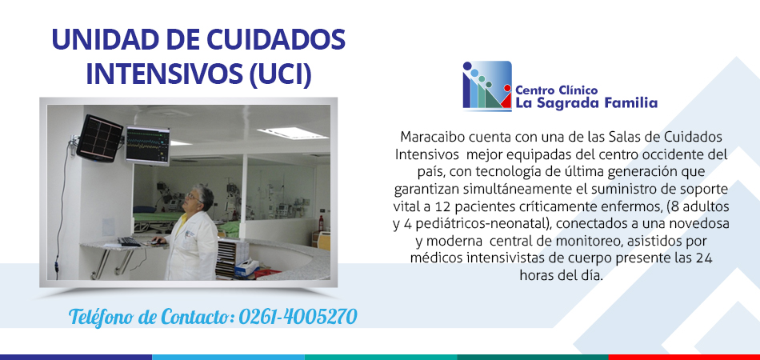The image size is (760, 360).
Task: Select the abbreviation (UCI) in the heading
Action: coord(280,75)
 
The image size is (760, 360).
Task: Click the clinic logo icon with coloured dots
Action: coord(487,86)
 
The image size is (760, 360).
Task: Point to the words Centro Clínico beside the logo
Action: coord(557,90)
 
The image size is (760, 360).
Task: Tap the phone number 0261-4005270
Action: coord(298,317)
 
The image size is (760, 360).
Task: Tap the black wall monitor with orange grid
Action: coord(100,138)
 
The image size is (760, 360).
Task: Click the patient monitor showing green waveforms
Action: coord(148,145)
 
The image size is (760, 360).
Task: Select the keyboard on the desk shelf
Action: coord(129,242)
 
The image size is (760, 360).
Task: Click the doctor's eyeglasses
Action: coord(193,197)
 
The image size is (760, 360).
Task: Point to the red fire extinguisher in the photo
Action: coord(320,223)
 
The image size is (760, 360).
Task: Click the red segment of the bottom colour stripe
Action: coord(684,357)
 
